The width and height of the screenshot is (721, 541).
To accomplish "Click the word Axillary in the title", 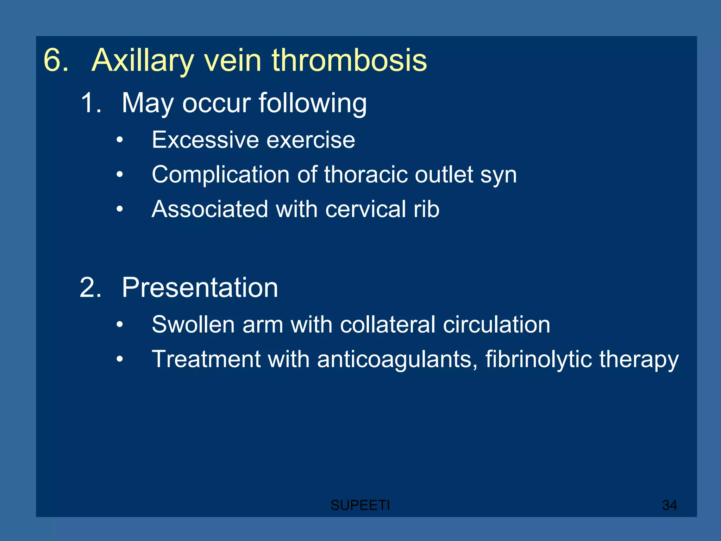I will pos(142,61).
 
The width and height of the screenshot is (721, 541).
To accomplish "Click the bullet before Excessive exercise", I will pos(120,140).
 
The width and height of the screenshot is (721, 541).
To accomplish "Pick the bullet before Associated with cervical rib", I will pos(120,209).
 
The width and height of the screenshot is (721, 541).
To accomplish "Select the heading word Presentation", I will pos(200,288).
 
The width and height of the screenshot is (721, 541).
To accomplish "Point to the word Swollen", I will pos(193,324).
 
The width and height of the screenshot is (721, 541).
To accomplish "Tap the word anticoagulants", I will pos(397,359).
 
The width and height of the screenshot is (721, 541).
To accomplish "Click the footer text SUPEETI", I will pos(360,505).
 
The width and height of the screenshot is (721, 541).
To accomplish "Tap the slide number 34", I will pos(669,505).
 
